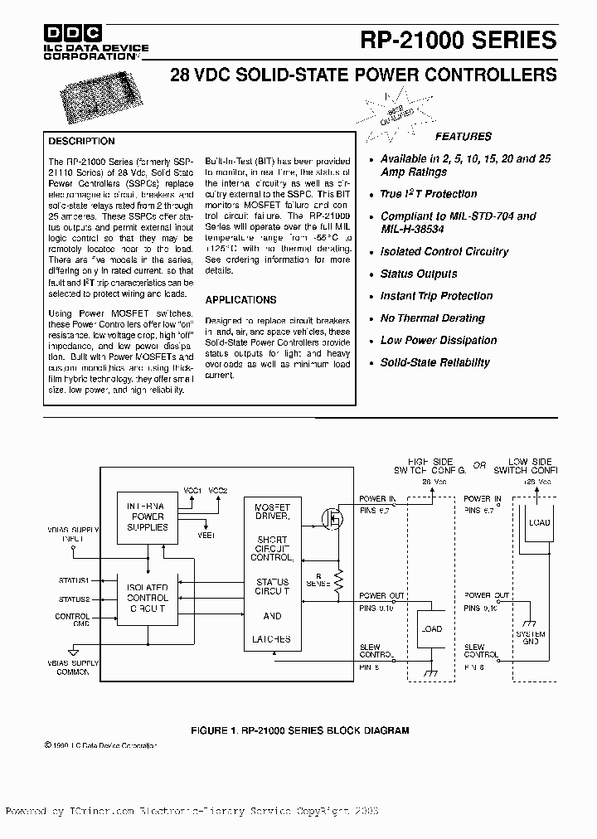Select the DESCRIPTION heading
tap(81, 141)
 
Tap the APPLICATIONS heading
tap(240, 299)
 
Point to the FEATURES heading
tap(464, 136)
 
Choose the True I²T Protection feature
tap(428, 194)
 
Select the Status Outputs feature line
tap(418, 274)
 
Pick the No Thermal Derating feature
tap(432, 318)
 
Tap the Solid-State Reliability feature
tap(434, 362)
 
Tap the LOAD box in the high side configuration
tap(431, 629)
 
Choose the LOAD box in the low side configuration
tap(539, 523)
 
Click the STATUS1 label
tap(74, 580)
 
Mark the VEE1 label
tap(205, 536)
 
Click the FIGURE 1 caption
tap(299, 730)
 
